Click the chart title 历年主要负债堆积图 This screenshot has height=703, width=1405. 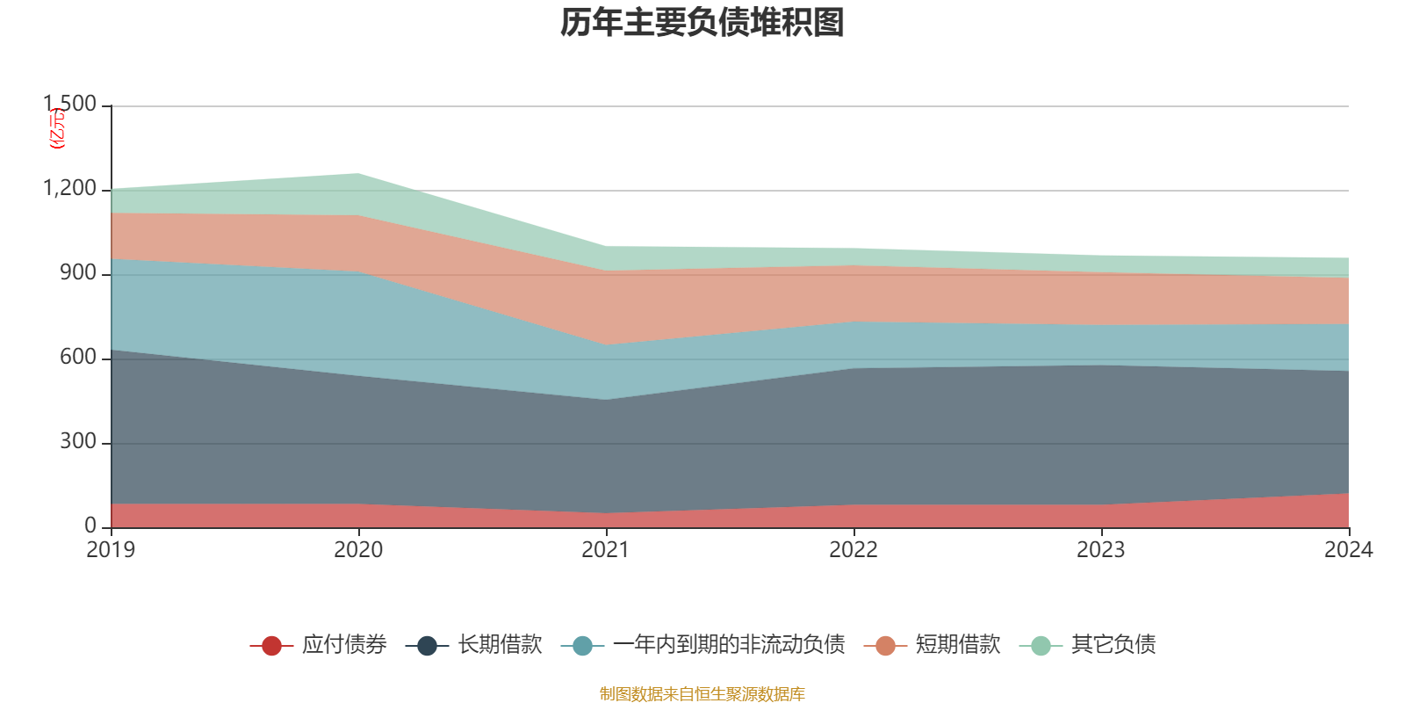point(702,23)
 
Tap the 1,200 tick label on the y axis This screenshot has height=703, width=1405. point(70,189)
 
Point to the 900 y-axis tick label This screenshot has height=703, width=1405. point(78,273)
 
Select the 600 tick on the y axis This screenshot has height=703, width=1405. point(78,358)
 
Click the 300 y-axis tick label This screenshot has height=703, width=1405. point(78,442)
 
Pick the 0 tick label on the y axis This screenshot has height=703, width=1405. point(90,526)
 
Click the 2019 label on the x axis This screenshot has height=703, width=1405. point(111,550)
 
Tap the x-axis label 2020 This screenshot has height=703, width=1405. point(358,550)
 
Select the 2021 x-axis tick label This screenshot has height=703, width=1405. point(606,550)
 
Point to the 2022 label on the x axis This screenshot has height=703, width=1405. point(854,550)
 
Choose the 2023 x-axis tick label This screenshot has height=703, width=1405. point(1100,550)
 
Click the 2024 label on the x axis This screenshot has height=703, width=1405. point(1348,550)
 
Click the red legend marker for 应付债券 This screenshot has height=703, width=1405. point(271,646)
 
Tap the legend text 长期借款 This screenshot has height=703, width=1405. point(499,645)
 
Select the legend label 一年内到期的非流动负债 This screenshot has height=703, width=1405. point(729,645)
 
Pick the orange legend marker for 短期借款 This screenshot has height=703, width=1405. point(885,646)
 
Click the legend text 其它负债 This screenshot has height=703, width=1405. point(1113,645)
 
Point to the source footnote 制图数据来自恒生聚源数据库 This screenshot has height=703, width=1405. point(702,694)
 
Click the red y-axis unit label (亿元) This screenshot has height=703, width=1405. point(57,128)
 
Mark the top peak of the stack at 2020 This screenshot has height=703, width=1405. point(358,173)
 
